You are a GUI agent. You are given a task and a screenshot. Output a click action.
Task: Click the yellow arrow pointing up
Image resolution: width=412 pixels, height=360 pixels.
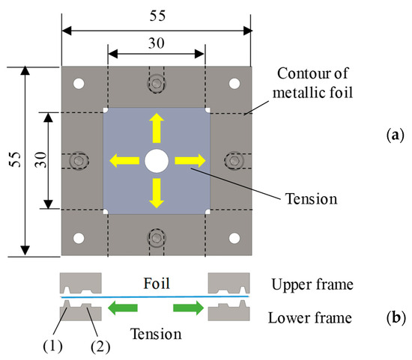[157, 128]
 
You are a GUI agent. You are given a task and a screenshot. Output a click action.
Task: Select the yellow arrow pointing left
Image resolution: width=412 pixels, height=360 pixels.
[124, 161]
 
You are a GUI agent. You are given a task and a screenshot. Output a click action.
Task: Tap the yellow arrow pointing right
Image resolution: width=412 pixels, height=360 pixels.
[190, 161]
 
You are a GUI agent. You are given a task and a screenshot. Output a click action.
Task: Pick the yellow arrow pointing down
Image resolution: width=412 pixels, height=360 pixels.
[157, 193]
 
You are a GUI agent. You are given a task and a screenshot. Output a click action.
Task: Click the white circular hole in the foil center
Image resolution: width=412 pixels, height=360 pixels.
[157, 161]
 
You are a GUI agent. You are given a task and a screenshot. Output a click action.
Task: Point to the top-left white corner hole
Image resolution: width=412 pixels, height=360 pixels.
[79, 84]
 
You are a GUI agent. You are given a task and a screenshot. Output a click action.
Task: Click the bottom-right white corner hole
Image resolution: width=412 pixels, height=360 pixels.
[234, 238]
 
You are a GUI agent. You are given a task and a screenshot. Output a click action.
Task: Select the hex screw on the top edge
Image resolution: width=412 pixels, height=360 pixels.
[157, 84]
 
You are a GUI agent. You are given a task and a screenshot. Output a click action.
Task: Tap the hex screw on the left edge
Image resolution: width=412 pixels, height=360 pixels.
[79, 161]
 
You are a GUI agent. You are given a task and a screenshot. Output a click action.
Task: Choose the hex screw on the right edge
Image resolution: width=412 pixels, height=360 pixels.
[234, 161]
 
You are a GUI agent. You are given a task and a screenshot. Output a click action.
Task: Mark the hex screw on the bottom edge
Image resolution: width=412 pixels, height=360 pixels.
[157, 238]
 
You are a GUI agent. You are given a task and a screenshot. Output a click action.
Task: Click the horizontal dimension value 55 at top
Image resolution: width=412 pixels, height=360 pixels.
[157, 16]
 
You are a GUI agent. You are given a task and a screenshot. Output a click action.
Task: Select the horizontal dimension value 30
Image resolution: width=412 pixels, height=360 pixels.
[157, 43]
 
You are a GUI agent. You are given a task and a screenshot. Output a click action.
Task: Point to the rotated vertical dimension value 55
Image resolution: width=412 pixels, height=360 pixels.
[15, 159]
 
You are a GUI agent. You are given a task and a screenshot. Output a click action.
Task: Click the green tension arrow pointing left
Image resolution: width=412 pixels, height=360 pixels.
[123, 308]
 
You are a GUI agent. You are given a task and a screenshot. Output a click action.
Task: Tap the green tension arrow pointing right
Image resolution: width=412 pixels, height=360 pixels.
[188, 308]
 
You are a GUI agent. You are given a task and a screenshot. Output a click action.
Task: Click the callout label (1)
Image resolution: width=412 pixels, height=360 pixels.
[53, 347]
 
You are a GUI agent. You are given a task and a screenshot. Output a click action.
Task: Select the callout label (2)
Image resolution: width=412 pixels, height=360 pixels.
[100, 347]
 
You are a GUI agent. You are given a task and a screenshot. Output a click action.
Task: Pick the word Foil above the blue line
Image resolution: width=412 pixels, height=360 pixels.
[157, 284]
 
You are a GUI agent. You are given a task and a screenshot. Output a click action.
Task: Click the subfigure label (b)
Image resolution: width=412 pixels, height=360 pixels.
[396, 318]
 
